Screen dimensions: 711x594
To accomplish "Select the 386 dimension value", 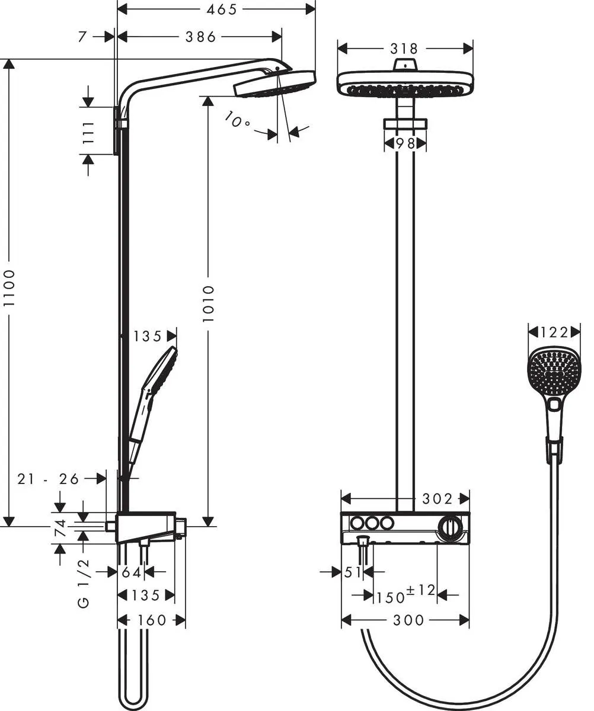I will click(200, 37).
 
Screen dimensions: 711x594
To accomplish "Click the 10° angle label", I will click(237, 121).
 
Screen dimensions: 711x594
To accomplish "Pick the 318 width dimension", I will click(404, 48).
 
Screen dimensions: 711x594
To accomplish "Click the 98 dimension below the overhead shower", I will click(405, 143).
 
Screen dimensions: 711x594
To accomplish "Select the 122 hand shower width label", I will click(554, 332).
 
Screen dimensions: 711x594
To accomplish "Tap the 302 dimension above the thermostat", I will click(437, 499).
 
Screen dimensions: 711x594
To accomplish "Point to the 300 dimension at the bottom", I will click(408, 620).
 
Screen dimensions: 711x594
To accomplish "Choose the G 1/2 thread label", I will click(83, 583).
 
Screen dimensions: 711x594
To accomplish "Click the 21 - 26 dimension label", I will click(48, 479).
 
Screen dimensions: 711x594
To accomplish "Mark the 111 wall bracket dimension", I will click(88, 133).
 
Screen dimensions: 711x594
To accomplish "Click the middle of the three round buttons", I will click(372, 523).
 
